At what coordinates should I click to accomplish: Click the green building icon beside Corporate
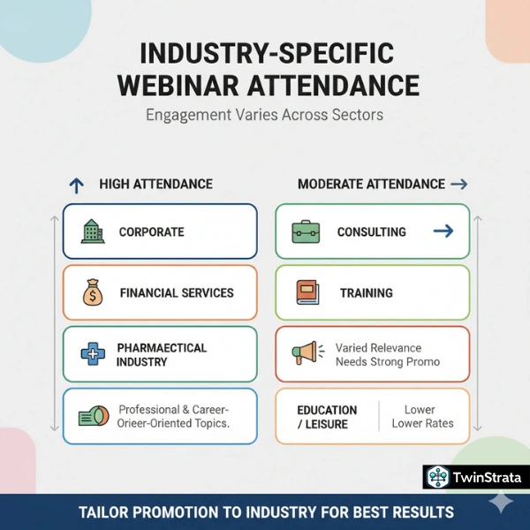(x=92, y=231)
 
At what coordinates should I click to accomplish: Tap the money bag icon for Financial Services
(x=93, y=292)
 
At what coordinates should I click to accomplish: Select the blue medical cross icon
(x=93, y=354)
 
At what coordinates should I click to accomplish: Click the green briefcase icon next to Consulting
(x=306, y=231)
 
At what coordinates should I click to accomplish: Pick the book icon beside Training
(x=306, y=292)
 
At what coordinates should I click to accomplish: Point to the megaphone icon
(x=305, y=353)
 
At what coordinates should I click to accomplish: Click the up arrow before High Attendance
(x=77, y=185)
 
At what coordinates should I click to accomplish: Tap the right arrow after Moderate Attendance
(x=458, y=184)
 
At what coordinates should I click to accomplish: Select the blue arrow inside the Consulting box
(x=443, y=231)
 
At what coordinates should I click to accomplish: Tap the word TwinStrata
(x=487, y=478)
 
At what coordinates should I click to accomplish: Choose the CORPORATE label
(x=151, y=231)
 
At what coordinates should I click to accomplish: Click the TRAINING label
(x=366, y=292)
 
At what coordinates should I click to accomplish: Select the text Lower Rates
(x=422, y=423)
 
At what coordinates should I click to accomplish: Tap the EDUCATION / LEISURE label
(x=327, y=417)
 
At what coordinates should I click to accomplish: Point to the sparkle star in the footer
(x=502, y=503)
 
